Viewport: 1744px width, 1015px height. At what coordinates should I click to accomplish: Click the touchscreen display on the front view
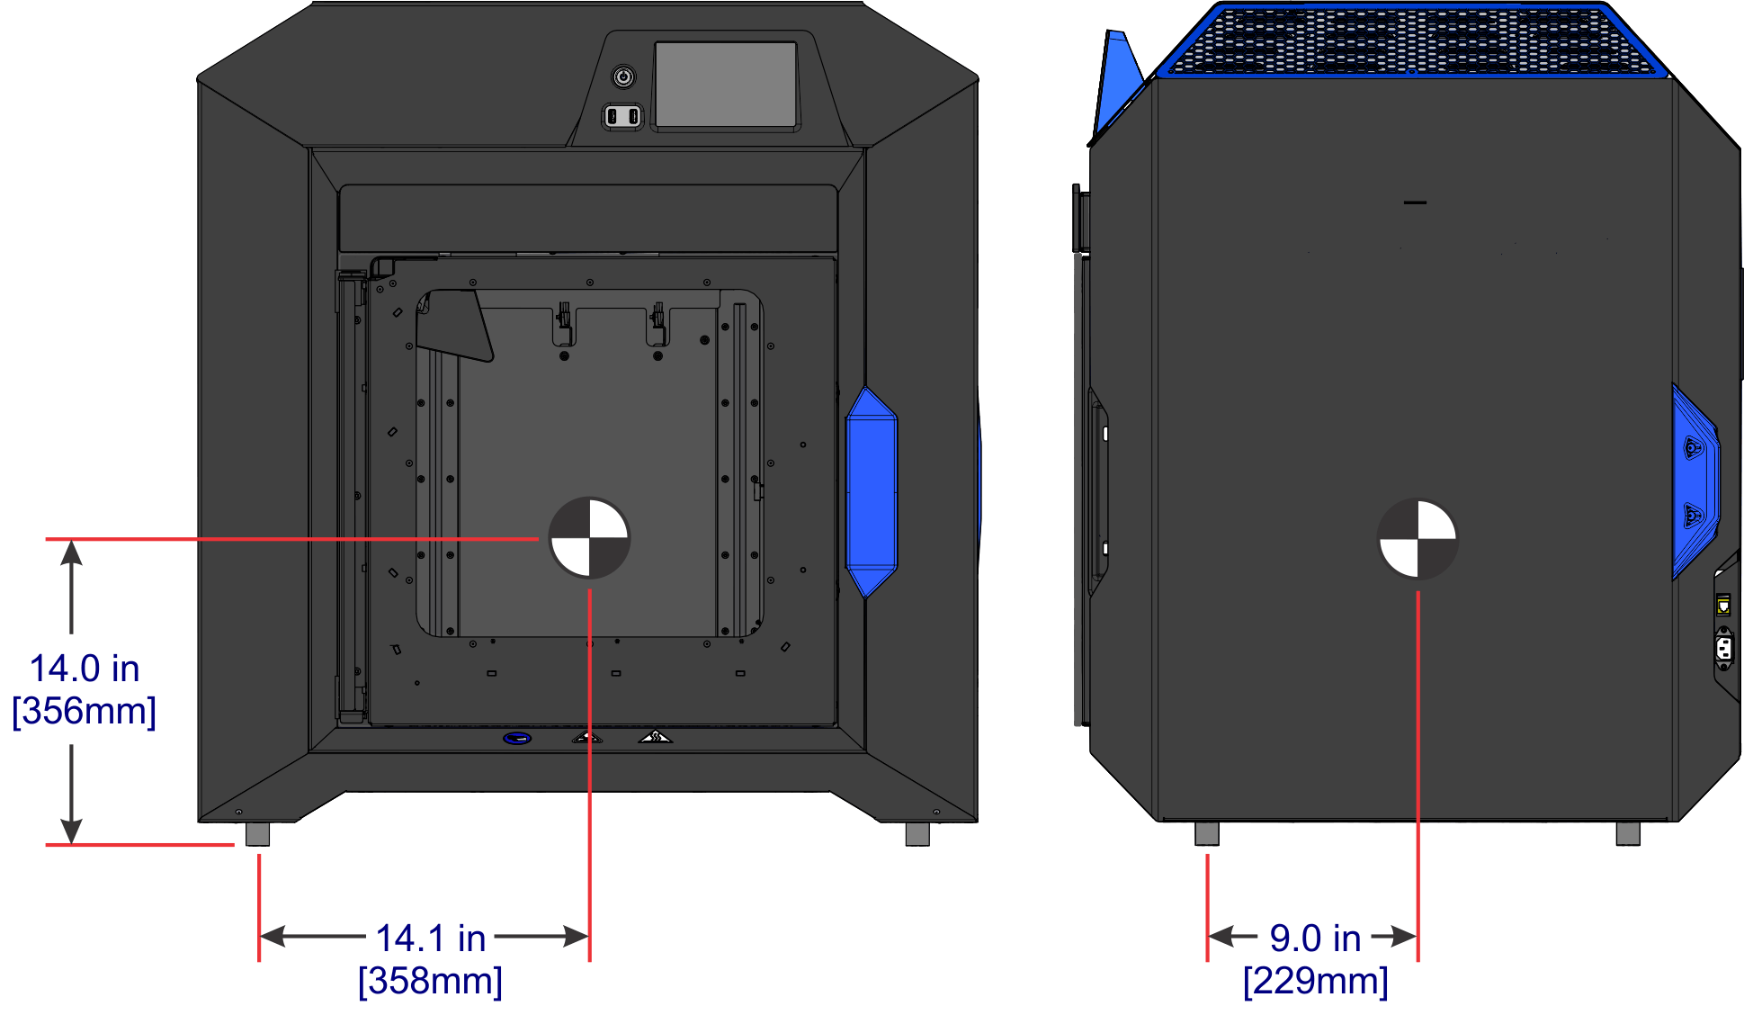click(x=725, y=85)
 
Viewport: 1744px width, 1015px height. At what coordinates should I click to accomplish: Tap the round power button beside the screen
click(x=623, y=76)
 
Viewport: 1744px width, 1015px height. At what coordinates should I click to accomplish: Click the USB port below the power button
click(x=622, y=116)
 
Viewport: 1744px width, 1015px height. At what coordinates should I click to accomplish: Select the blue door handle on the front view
click(x=871, y=492)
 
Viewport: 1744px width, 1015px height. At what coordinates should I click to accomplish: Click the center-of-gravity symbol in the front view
click(x=589, y=538)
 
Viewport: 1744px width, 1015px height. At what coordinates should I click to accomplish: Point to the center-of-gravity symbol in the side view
click(x=1418, y=539)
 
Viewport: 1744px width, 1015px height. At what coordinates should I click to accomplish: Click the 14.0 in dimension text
click(x=85, y=669)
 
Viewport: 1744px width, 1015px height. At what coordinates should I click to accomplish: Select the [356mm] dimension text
click(x=85, y=711)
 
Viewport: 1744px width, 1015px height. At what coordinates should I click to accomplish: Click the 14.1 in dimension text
click(x=430, y=939)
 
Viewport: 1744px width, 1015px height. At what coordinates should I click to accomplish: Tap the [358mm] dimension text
click(x=430, y=981)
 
